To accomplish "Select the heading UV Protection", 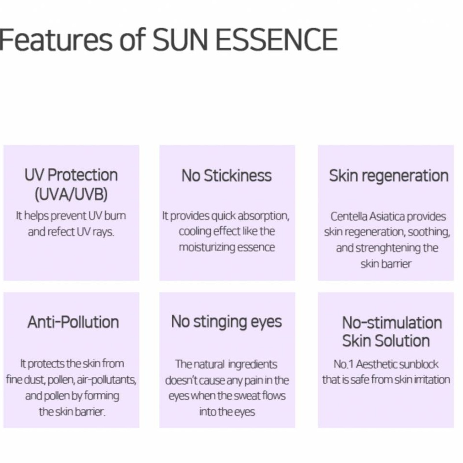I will coord(71,175).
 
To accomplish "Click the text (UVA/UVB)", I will coord(71,194).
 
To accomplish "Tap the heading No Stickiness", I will coord(227,176).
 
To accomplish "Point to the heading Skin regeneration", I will coord(389,176).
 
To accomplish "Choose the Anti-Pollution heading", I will coord(73,322).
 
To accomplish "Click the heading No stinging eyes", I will coord(227,322).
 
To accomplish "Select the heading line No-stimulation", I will coord(392,323).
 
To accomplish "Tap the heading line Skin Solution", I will coord(386,341).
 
